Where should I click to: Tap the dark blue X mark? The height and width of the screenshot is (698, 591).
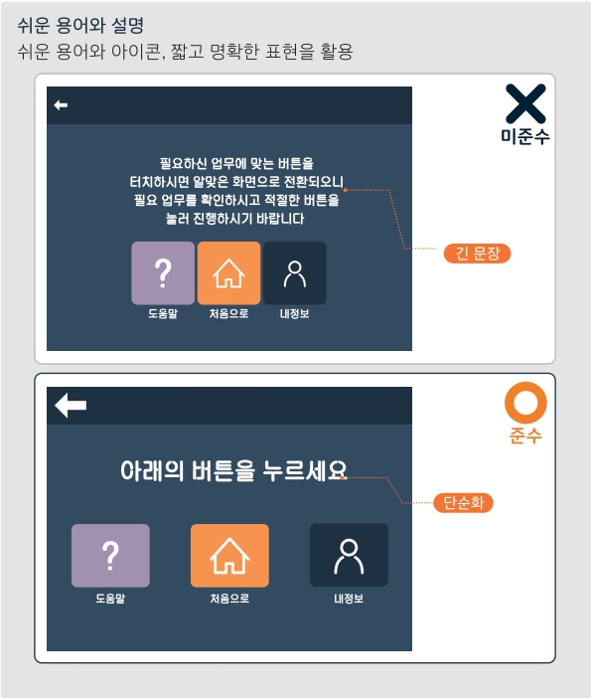525,104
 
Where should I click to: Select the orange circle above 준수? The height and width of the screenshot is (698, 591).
525,403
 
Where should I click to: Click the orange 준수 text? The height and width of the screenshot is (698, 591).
525,436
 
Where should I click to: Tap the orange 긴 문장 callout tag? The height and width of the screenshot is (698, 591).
477,254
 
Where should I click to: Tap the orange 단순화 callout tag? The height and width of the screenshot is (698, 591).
463,503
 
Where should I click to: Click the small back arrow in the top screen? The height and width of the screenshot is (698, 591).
62,105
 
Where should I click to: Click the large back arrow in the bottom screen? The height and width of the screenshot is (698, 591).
71,406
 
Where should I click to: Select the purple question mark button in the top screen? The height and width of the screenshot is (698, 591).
163,272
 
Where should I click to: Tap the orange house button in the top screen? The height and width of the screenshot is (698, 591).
229,272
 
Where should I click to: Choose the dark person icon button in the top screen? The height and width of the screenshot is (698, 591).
294,272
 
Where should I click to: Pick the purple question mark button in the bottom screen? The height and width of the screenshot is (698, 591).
110,555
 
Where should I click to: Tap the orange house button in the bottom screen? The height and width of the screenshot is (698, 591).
229,555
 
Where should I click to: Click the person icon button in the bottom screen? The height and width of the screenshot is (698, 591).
349,555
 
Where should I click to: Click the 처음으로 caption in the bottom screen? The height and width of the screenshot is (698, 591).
229,600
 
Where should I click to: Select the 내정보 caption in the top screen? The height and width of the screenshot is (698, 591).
294,315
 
